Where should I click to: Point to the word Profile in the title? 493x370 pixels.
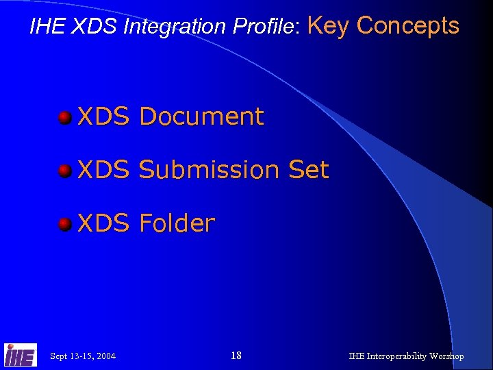click(264, 27)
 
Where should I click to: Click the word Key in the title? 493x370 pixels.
click(329, 25)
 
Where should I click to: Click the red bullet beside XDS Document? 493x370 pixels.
click(65, 117)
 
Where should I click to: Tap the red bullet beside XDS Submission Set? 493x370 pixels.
click(65, 171)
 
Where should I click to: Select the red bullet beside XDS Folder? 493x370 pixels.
click(65, 224)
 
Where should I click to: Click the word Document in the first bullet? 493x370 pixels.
click(201, 116)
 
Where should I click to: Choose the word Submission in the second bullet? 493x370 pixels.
click(210, 170)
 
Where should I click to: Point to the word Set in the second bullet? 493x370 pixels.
click(309, 170)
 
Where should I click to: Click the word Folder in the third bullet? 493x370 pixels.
click(177, 223)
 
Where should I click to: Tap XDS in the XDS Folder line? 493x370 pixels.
click(103, 223)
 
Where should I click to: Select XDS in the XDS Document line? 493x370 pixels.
click(103, 116)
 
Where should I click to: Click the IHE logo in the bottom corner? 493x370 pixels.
click(21, 354)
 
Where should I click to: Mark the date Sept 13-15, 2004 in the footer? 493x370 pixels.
click(83, 356)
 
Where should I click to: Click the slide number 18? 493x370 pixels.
click(236, 355)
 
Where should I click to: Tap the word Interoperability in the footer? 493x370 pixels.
click(399, 356)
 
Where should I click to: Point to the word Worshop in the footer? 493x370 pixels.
click(448, 356)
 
